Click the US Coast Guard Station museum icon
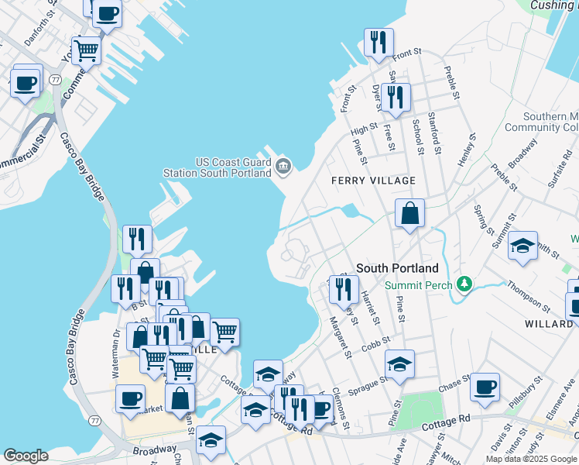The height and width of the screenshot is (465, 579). coord(283,165)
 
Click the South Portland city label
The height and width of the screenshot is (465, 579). coord(397,268)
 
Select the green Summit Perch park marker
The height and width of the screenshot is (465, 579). coord(464,284)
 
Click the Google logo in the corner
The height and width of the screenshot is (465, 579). coord(26,456)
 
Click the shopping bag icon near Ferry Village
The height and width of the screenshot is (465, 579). coord(409,213)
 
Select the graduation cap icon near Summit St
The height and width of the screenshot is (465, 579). coord(523,246)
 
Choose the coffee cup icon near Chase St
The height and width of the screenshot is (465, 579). coord(485,387)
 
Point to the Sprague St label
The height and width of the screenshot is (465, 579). coord(368,385)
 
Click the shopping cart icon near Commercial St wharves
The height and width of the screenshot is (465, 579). coord(87,51)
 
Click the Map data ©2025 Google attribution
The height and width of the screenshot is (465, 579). coord(531,459)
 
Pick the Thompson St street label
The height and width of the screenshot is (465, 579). coord(528,295)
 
